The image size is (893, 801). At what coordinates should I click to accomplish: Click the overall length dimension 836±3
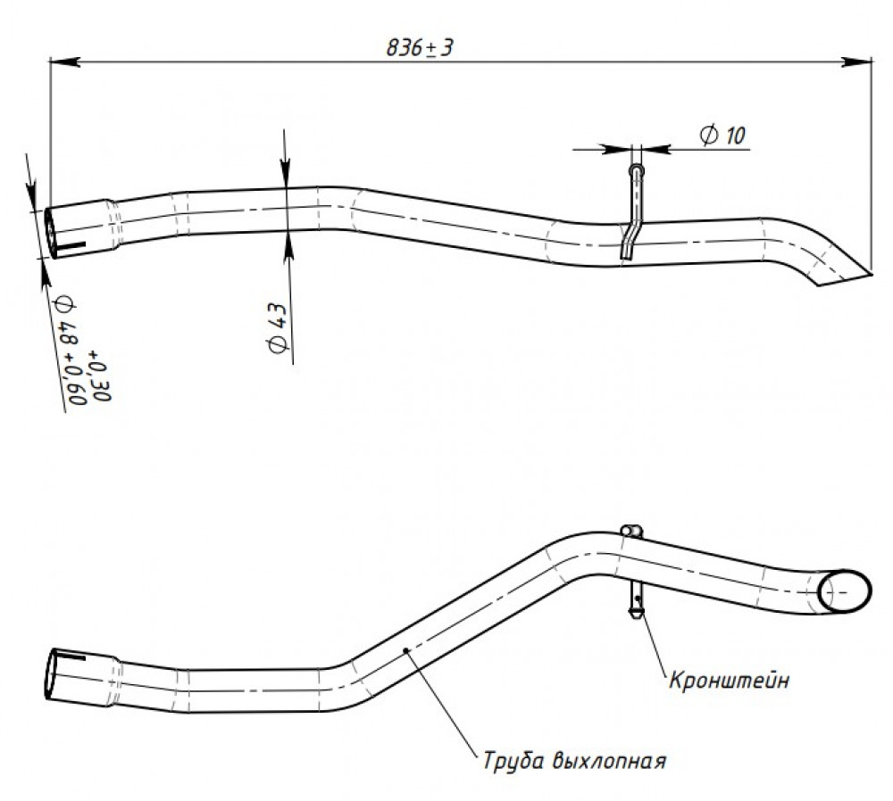point(420,47)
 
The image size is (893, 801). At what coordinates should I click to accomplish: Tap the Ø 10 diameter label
point(722,136)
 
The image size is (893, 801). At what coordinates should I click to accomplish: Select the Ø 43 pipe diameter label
point(278,328)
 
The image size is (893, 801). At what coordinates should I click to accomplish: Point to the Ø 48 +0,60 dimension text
point(70,351)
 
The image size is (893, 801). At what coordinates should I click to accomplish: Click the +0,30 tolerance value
point(99,377)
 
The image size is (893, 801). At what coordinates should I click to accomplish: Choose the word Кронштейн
point(729,681)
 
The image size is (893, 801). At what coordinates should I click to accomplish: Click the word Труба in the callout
point(513,761)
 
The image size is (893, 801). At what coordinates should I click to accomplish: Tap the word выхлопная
point(609,761)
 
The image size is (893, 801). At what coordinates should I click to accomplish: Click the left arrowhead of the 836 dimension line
point(63,62)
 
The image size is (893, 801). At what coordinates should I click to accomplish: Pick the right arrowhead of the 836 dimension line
point(857,62)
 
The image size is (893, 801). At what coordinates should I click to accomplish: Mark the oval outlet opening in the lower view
point(845,591)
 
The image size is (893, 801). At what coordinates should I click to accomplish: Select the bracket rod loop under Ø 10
point(636,170)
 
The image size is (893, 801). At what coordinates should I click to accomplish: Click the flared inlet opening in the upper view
point(50,233)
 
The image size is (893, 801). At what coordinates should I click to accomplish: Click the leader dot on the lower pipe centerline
point(405,649)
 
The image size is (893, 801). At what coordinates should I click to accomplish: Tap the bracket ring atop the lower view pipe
point(631,531)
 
